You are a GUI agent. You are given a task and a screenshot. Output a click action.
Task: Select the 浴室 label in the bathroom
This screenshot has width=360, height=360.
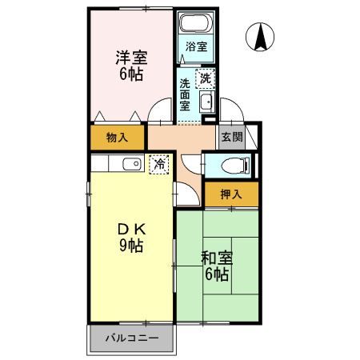pos(196,46)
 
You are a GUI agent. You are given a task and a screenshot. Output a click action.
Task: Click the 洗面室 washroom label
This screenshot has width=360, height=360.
pos(185,94)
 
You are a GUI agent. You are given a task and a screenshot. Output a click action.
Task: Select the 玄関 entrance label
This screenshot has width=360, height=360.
pos(231,137)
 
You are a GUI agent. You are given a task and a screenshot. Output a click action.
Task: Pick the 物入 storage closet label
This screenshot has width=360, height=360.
pos(117,138)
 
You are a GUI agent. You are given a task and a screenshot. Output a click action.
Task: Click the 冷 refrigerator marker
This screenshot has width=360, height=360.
pos(159,164)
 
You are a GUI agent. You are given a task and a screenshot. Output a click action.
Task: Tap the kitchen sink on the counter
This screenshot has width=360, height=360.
pos(130,165)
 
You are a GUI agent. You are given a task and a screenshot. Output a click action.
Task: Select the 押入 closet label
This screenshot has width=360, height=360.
pos(230,194)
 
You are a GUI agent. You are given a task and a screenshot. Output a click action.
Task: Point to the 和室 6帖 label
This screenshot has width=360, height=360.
pos(216,266)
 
